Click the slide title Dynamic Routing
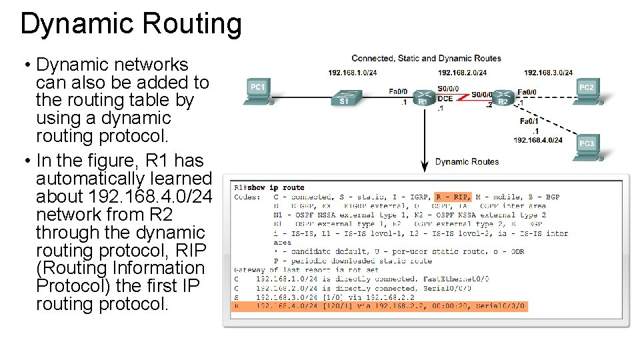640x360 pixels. (x=131, y=24)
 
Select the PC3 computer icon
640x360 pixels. (x=587, y=149)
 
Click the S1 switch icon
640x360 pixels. (x=344, y=98)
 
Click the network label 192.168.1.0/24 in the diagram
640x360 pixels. (x=352, y=73)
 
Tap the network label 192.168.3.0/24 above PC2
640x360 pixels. (x=548, y=73)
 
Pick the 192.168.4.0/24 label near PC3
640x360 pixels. (x=538, y=140)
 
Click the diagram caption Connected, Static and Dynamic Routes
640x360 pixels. (x=426, y=59)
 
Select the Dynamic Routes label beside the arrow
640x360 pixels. (x=467, y=161)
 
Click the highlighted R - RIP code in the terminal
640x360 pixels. (x=453, y=197)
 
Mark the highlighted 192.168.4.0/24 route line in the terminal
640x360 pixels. (x=380, y=307)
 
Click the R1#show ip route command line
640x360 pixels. (x=269, y=187)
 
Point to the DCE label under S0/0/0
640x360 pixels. (x=445, y=99)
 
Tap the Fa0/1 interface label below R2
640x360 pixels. (x=529, y=121)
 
